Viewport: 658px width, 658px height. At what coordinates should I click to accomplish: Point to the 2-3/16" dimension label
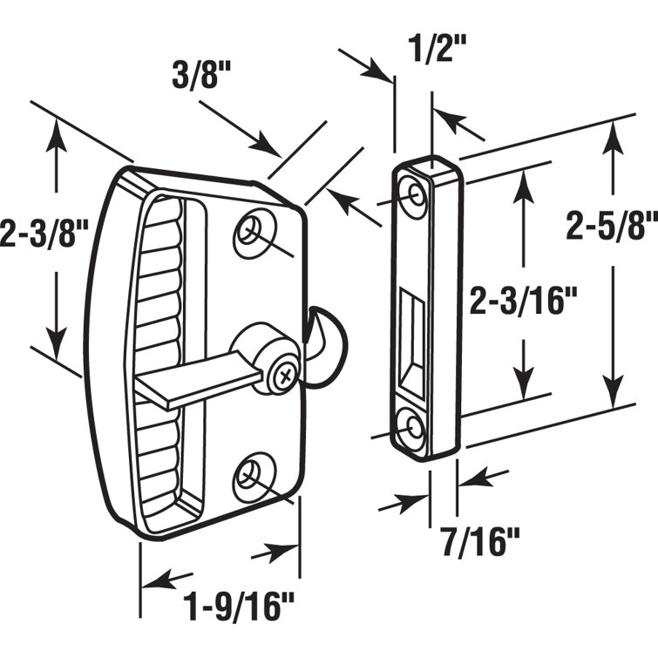tap(524, 301)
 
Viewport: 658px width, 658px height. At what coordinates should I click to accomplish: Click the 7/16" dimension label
tap(479, 544)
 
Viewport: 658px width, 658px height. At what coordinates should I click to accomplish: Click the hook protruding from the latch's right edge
tap(323, 332)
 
